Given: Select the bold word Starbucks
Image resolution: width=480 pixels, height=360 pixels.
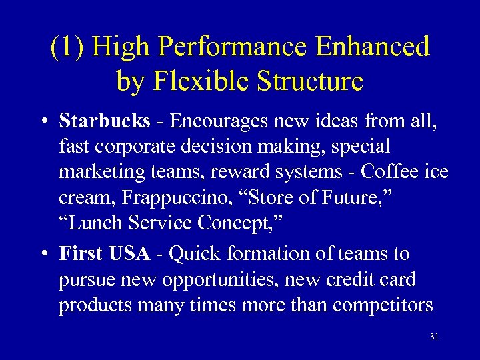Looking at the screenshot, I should [105, 121].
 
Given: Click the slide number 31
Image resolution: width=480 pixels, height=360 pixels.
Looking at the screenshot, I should [435, 337].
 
